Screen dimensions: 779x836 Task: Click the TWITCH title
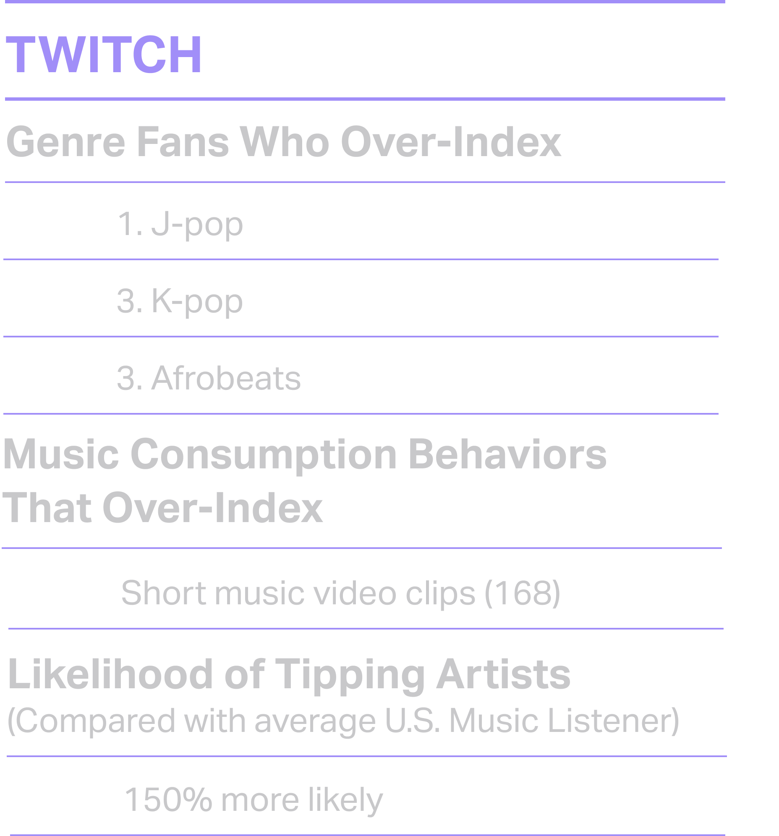(104, 55)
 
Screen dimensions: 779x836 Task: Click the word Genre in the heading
(65, 142)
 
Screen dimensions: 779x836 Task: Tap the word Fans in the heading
(183, 142)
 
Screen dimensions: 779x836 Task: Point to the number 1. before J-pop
(130, 224)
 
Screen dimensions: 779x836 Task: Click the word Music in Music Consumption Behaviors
(60, 454)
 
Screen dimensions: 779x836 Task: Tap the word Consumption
(264, 455)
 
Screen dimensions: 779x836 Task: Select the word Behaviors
(507, 454)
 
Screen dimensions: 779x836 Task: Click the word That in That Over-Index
(47, 507)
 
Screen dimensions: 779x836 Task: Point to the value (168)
(523, 593)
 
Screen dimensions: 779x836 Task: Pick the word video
(355, 593)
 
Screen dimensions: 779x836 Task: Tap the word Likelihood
(110, 674)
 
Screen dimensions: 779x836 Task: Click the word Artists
(503, 674)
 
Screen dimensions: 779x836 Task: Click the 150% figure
(168, 799)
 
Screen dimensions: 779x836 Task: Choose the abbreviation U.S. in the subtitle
(413, 721)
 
